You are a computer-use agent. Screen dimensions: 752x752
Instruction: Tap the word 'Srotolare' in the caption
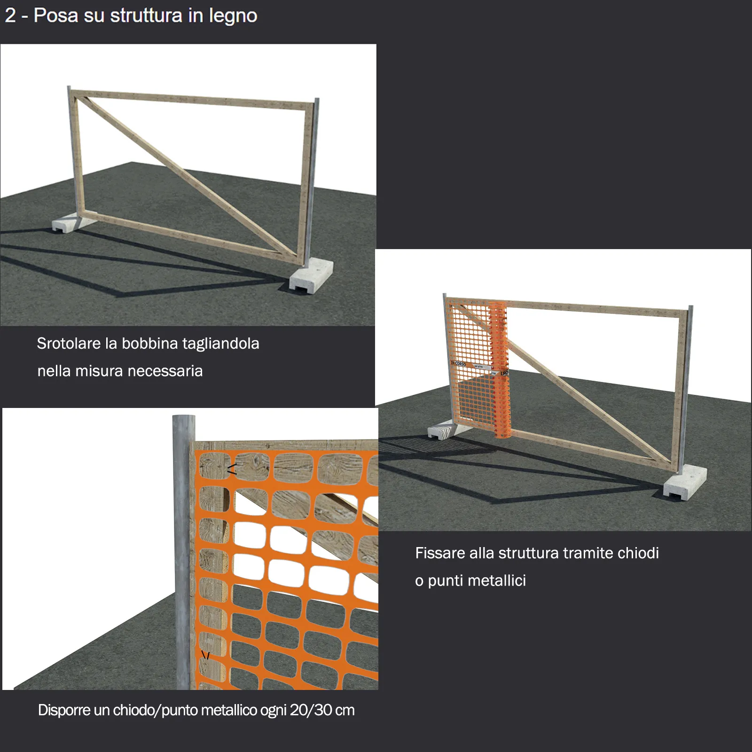pos(69,344)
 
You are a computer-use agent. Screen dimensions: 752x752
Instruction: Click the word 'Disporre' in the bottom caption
pos(64,710)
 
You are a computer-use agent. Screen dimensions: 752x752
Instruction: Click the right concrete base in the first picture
pos(312,276)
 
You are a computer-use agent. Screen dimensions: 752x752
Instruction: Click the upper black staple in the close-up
pos(232,469)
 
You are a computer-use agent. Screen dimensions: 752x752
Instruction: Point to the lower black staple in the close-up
pos(205,655)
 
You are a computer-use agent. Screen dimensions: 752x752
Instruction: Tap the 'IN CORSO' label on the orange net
pos(458,363)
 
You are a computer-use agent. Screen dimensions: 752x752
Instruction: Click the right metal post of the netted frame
pos(689,388)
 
